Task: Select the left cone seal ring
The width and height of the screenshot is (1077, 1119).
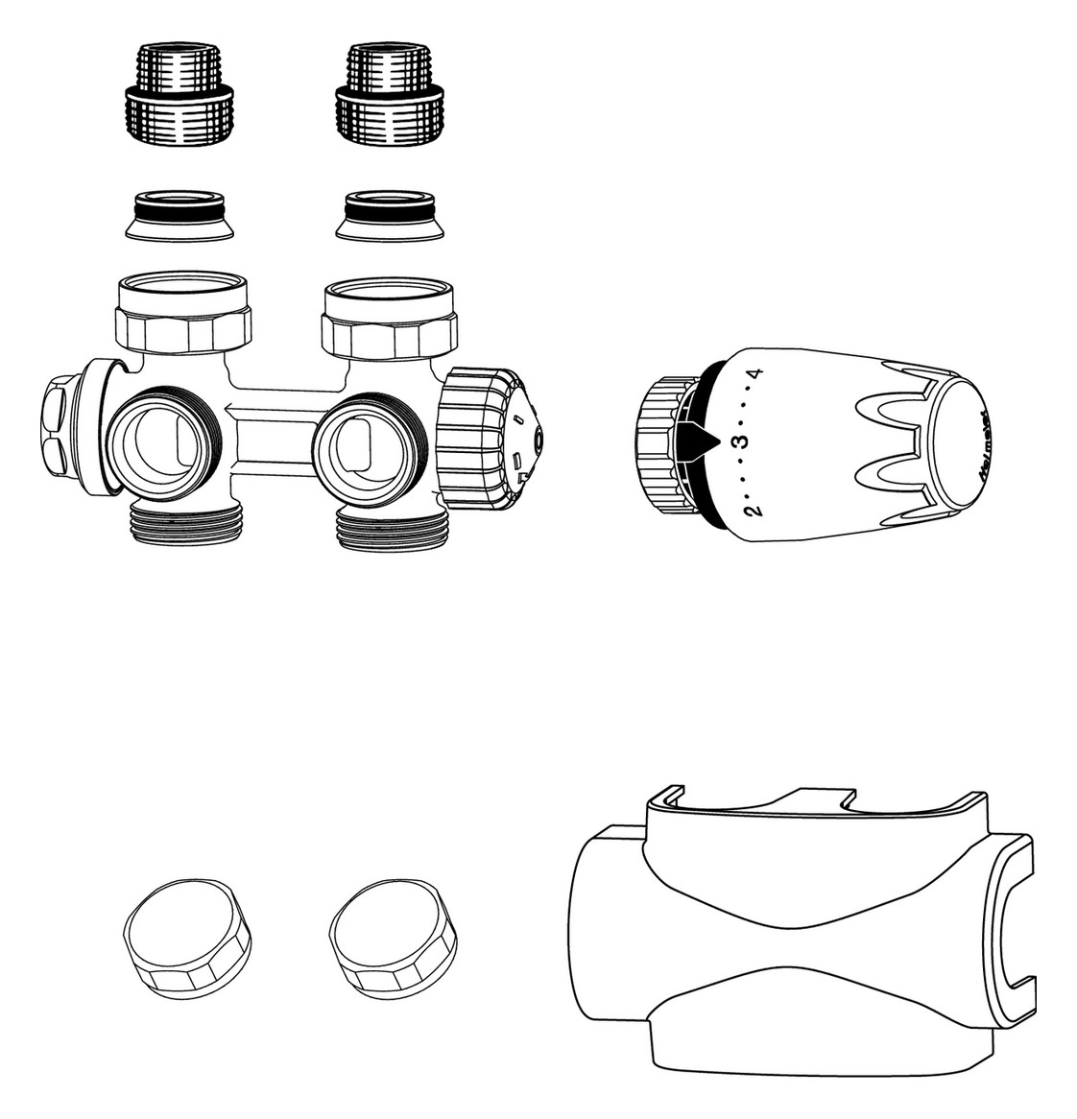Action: [x=180, y=217]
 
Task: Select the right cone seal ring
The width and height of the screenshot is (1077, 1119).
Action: [x=390, y=217]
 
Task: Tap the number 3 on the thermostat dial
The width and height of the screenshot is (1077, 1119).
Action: [x=738, y=441]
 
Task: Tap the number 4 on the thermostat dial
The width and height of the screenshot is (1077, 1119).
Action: [x=757, y=373]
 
